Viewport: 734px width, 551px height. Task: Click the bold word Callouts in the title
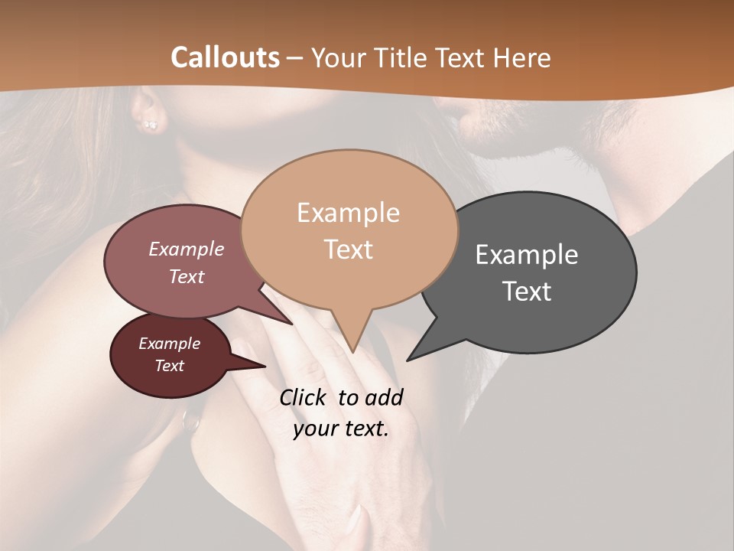225,57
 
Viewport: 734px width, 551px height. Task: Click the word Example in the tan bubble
348,213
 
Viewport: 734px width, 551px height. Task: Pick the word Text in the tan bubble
348,249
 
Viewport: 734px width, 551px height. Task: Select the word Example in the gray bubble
527,254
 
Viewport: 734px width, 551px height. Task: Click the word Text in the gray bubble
527,292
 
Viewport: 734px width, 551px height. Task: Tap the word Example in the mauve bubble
187,249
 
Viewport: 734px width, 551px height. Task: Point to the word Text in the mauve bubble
187,276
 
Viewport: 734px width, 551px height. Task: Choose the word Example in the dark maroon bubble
169,344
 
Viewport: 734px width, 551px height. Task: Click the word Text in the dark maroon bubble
169,366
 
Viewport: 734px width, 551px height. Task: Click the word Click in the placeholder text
304,397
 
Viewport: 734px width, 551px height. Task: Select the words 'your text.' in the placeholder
341,429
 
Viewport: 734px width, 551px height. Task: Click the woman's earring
151,124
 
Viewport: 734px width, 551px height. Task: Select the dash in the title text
296,58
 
